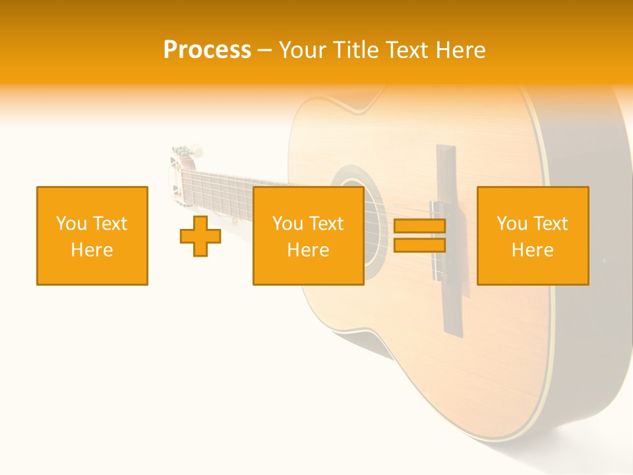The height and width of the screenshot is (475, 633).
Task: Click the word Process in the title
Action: click(207, 50)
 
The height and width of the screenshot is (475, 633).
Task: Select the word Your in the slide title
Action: click(301, 50)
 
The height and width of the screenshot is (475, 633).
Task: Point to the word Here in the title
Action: click(460, 50)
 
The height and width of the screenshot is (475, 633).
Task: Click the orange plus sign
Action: click(200, 236)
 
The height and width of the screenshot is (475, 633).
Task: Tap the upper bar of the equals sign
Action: click(419, 226)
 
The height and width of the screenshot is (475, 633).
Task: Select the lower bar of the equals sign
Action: click(419, 245)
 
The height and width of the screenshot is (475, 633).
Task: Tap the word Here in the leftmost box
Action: click(92, 250)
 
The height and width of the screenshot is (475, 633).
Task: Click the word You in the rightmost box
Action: click(512, 224)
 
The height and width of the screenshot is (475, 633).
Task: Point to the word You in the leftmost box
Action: click(71, 224)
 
